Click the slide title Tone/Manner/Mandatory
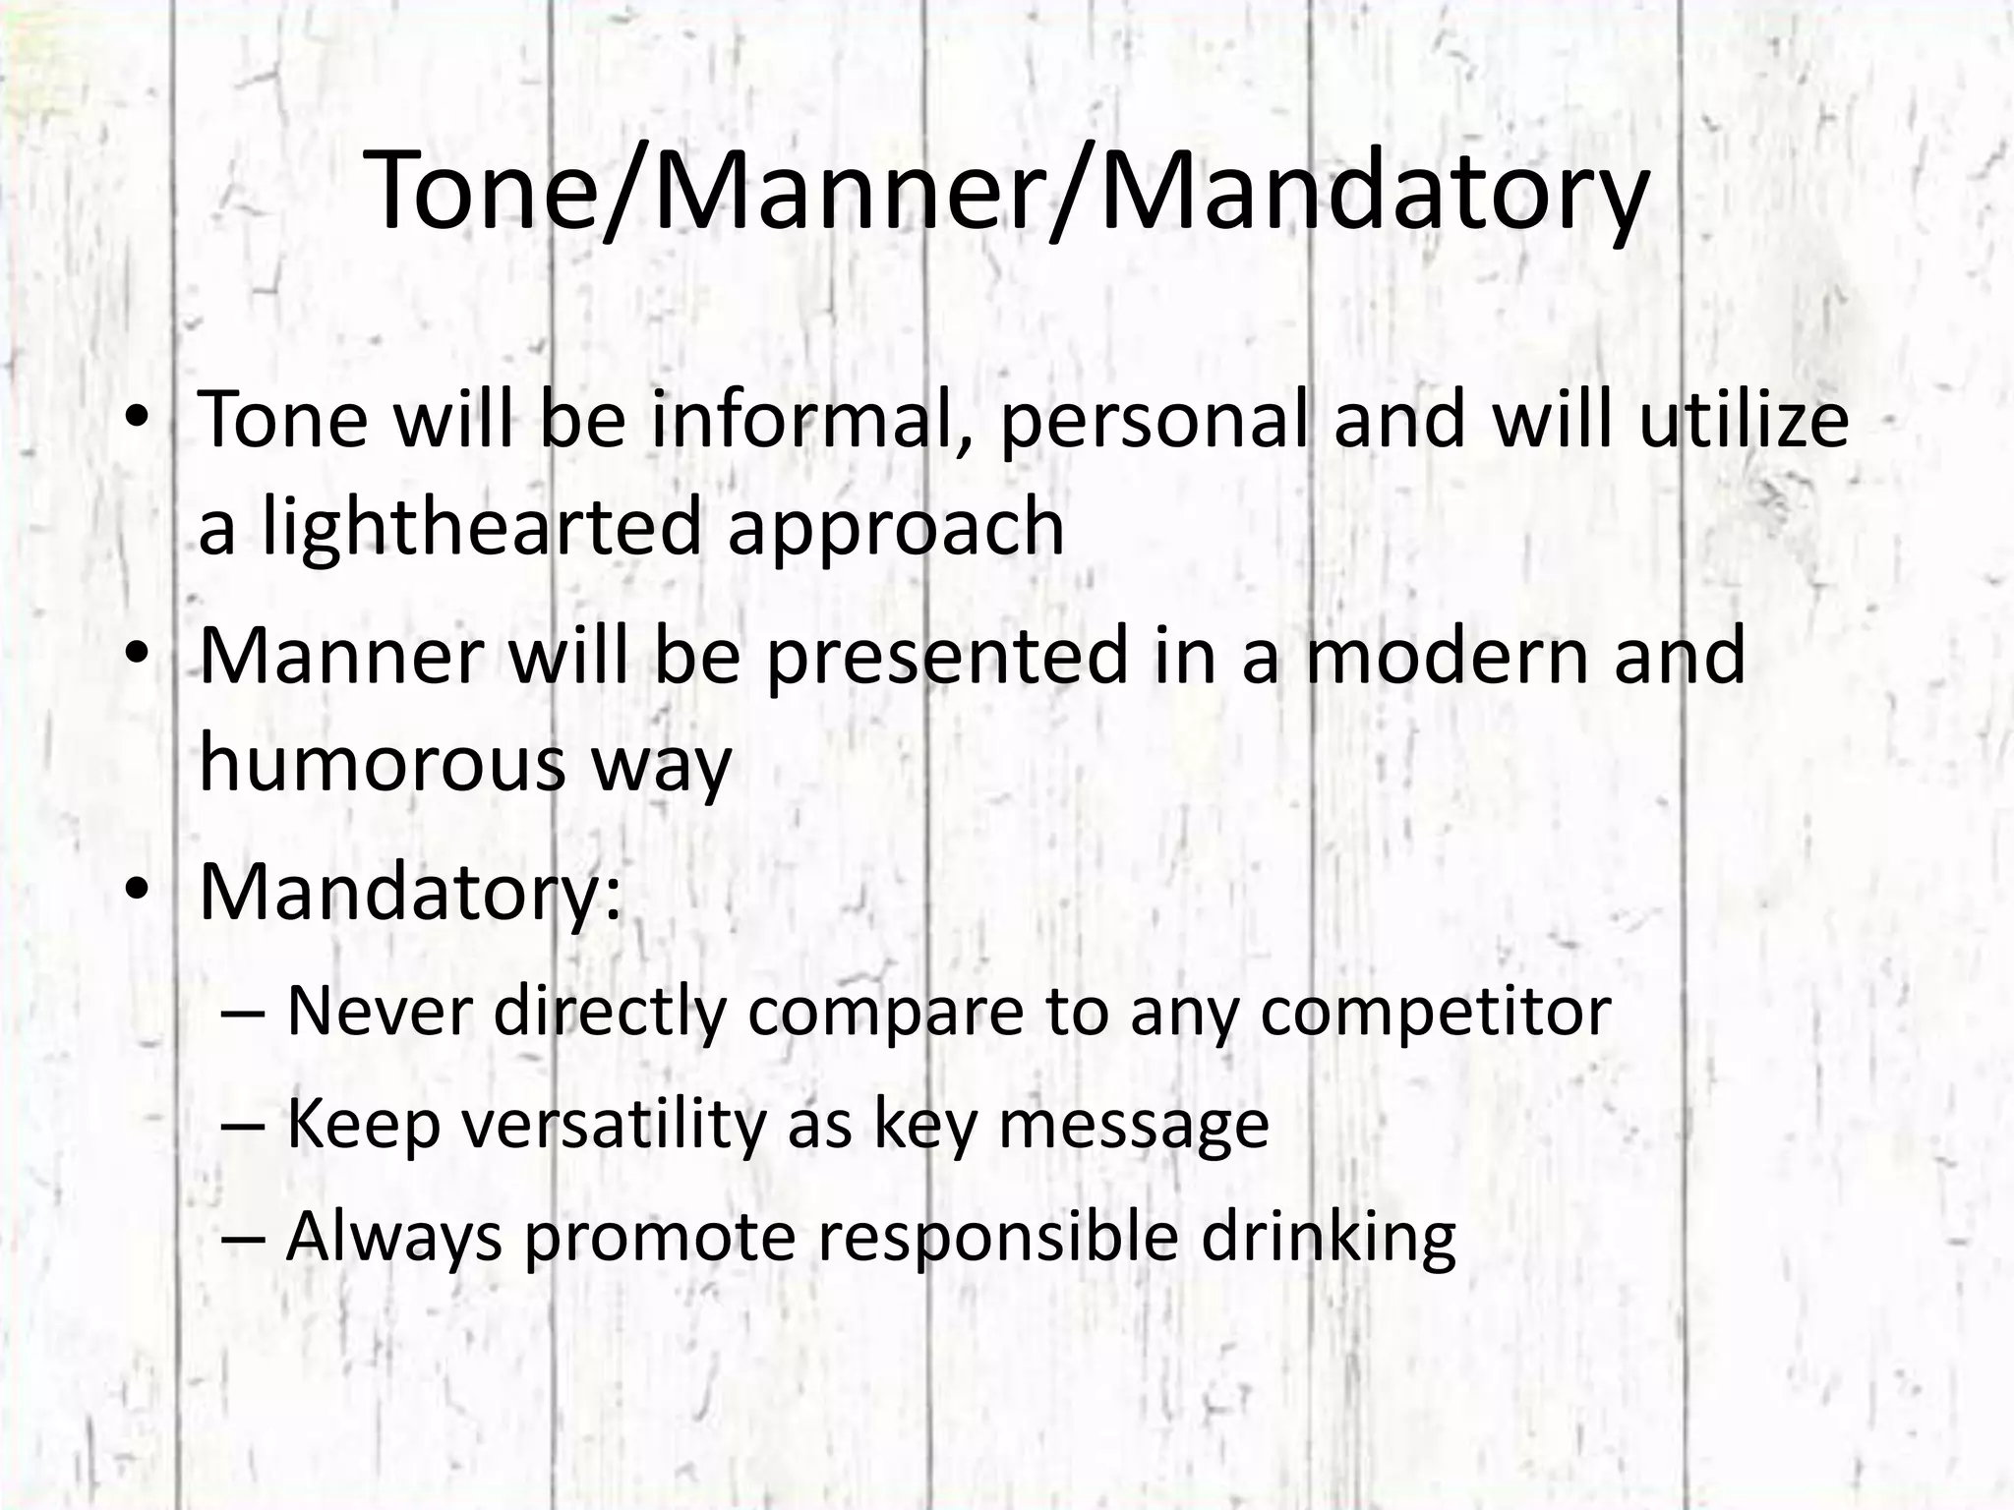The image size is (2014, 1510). [x=1007, y=192]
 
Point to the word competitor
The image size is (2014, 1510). [x=1435, y=1013]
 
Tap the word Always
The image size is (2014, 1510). [x=393, y=1238]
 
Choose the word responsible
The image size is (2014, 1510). [x=998, y=1238]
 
